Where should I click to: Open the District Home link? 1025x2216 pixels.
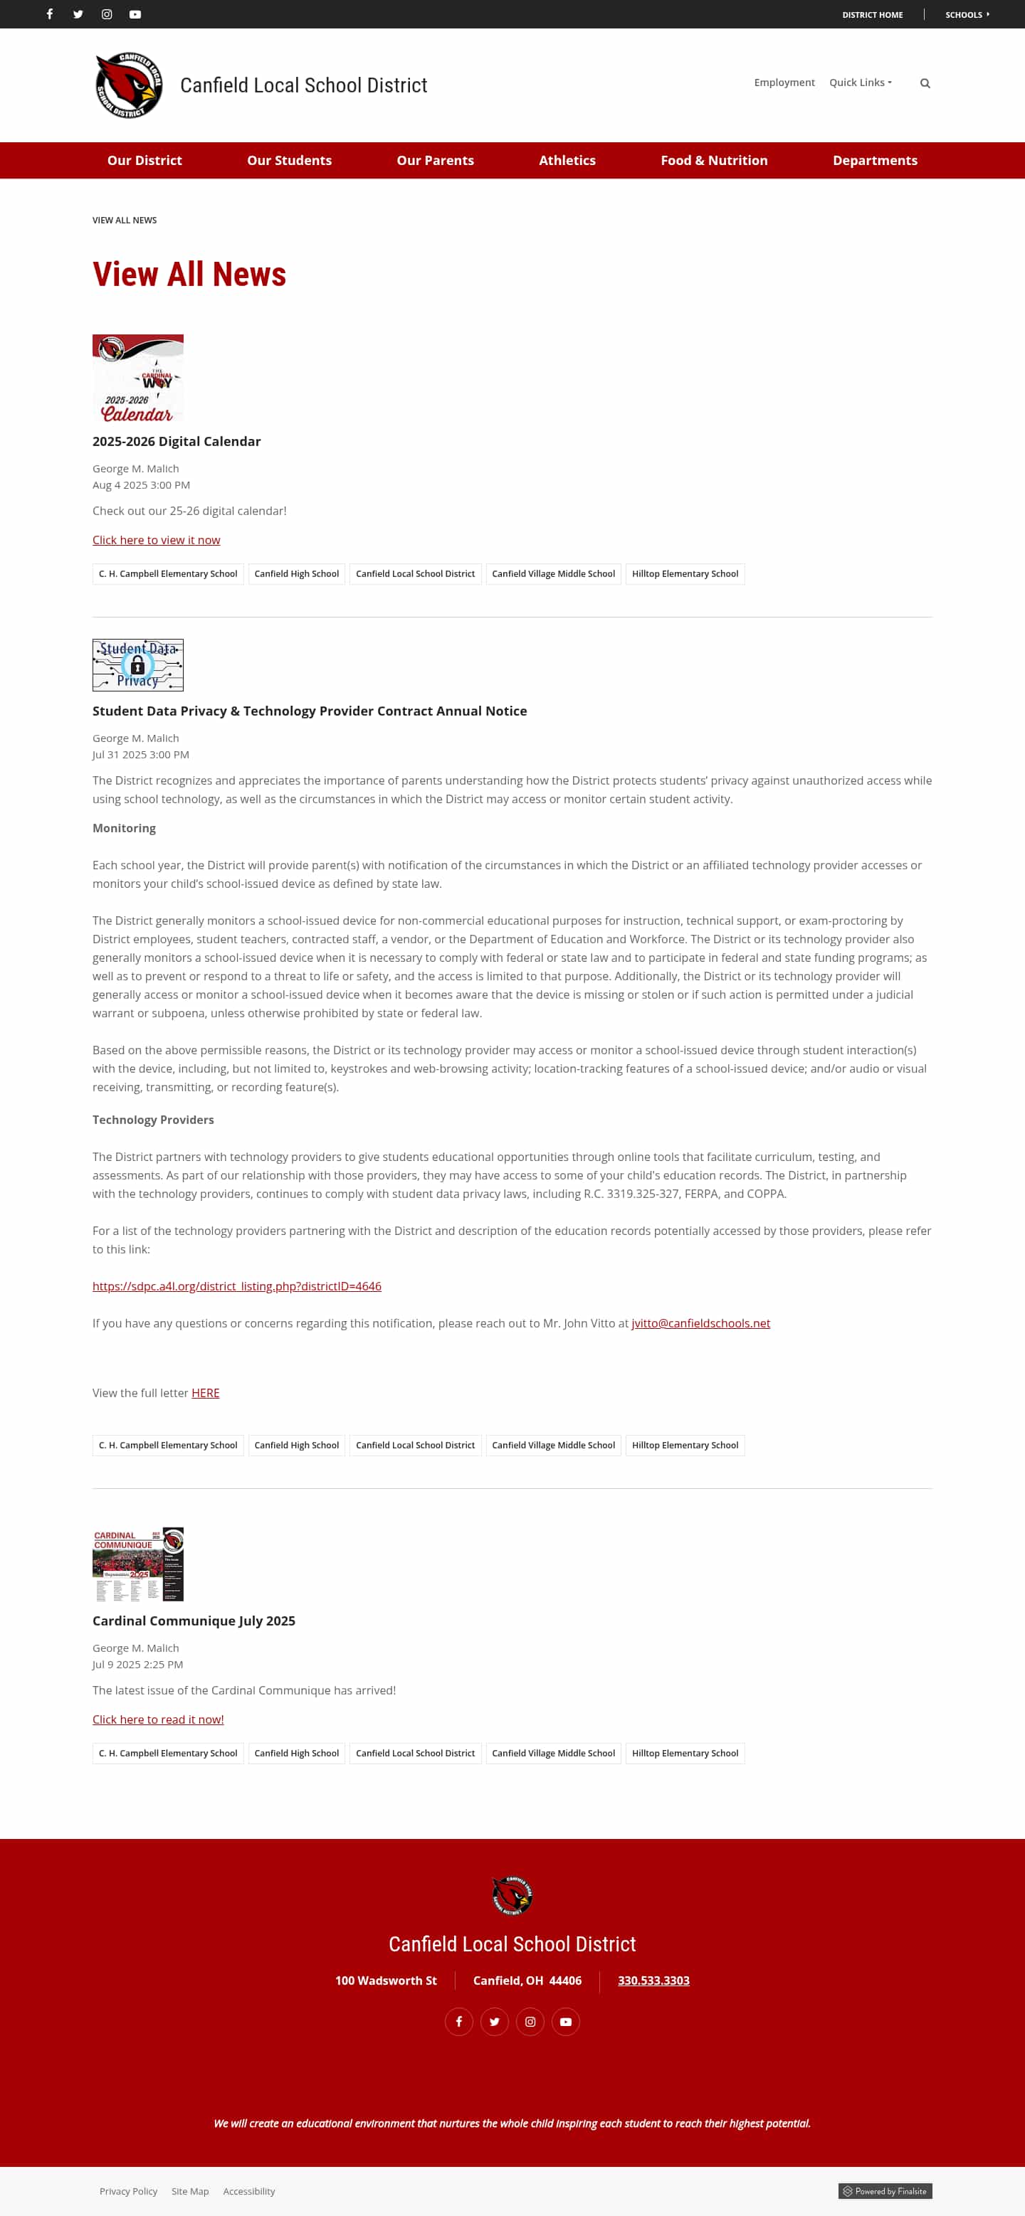[872, 15]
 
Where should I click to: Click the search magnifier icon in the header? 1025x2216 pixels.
[925, 83]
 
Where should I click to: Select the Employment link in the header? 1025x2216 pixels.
[783, 83]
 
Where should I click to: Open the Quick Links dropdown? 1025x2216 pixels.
[860, 83]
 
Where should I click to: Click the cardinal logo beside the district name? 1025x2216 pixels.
[128, 85]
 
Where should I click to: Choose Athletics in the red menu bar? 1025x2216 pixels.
[567, 161]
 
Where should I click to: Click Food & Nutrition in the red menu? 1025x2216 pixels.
[713, 161]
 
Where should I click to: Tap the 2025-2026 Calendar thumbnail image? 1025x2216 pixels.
[137, 378]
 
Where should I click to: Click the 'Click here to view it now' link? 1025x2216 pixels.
[156, 540]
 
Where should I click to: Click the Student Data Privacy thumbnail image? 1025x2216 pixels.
[137, 665]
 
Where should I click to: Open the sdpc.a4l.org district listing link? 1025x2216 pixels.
[236, 1286]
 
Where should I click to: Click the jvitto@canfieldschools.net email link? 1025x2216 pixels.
[700, 1323]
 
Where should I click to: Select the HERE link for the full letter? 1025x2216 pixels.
[205, 1393]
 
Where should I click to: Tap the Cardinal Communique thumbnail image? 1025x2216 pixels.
[137, 1564]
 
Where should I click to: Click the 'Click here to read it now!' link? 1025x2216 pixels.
[157, 1719]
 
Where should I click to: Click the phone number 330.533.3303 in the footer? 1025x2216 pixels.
[653, 1981]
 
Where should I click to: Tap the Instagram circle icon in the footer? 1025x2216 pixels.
[530, 2022]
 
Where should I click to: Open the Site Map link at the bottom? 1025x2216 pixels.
[189, 2191]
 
